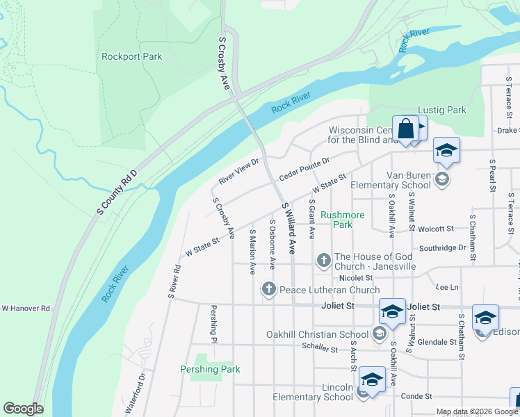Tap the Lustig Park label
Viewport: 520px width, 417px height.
click(441, 110)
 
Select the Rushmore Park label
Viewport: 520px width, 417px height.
click(342, 220)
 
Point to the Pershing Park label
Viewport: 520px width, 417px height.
click(210, 369)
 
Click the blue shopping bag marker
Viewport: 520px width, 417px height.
click(405, 129)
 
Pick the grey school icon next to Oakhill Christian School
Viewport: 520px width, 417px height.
click(379, 334)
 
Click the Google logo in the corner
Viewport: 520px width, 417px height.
click(23, 409)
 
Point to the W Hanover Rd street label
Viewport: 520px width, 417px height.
click(26, 308)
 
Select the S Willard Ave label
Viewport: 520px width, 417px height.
click(289, 227)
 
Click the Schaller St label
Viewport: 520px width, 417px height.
click(320, 347)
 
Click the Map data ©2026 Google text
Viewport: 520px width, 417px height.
click(476, 411)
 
